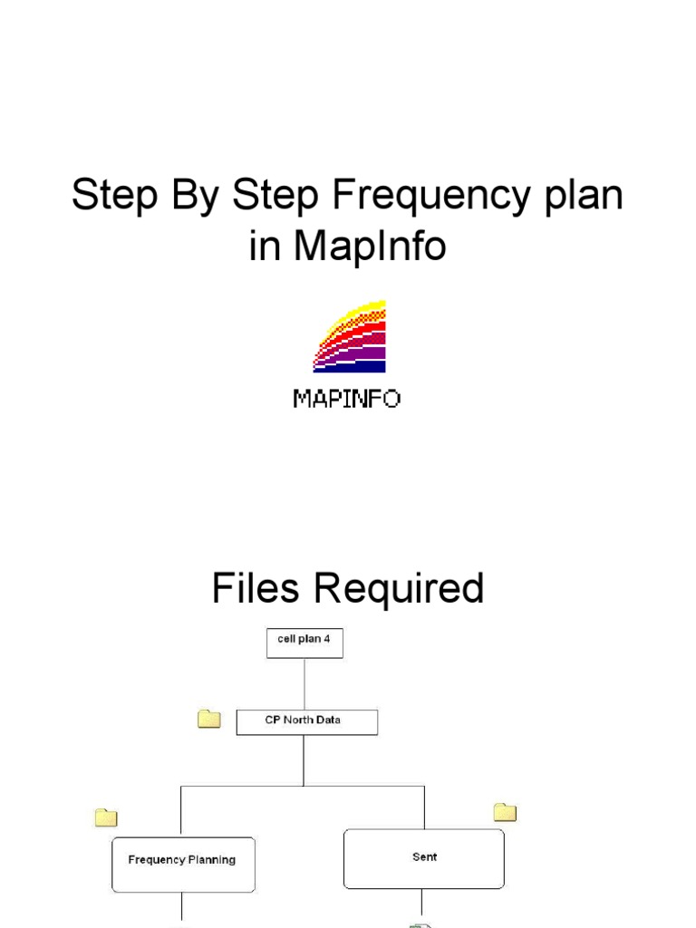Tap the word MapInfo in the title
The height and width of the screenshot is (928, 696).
[x=369, y=246]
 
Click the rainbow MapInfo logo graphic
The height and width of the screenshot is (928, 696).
[x=350, y=336]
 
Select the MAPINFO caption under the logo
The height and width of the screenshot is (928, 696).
[x=347, y=399]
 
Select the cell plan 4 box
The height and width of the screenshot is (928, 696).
[x=304, y=643]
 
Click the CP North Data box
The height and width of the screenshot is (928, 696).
[x=306, y=721]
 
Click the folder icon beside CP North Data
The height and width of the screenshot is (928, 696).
[x=209, y=720]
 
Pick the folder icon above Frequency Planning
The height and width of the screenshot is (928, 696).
[x=107, y=817]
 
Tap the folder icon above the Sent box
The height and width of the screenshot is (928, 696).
[x=505, y=811]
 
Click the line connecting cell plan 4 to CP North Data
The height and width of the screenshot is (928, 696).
[x=304, y=683]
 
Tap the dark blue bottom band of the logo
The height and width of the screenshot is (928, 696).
[x=350, y=366]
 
